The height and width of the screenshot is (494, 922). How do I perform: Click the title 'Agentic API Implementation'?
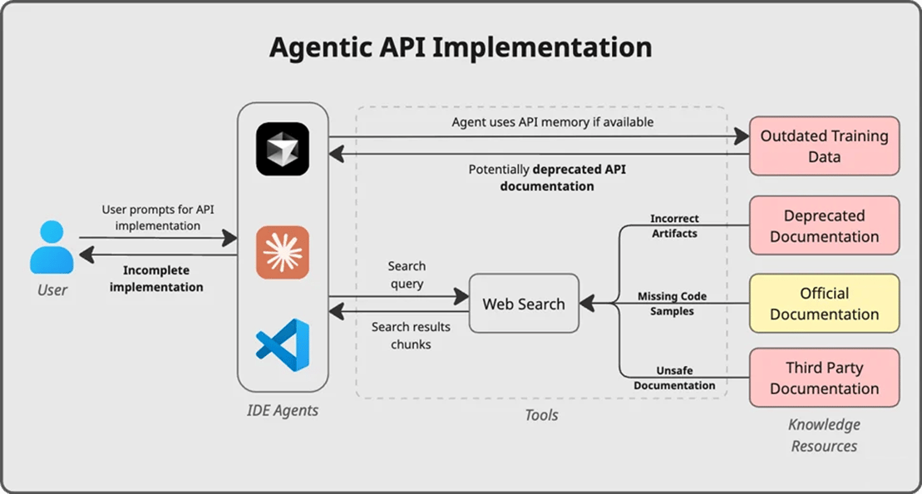click(x=461, y=47)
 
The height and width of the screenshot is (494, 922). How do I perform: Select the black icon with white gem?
click(x=283, y=149)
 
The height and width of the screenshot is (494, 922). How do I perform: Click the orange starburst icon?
click(x=283, y=252)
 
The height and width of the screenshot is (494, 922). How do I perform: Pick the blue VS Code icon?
click(x=283, y=344)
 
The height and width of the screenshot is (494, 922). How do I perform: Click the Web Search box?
click(x=523, y=304)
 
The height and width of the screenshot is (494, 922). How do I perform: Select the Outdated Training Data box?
click(x=824, y=146)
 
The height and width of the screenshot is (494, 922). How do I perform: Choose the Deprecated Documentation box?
click(x=824, y=225)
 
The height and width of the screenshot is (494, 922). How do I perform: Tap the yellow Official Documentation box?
click(x=824, y=304)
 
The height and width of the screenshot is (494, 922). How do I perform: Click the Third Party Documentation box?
click(x=824, y=378)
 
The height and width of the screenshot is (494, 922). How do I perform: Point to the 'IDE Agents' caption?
click(x=283, y=410)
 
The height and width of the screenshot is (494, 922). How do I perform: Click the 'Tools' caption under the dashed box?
click(x=541, y=414)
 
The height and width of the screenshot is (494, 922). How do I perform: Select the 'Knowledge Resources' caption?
click(x=824, y=435)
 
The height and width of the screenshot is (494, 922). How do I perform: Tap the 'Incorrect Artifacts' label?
click(x=673, y=226)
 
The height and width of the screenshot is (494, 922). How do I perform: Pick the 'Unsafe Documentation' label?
click(x=673, y=378)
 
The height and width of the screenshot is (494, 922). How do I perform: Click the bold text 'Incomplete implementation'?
click(x=156, y=279)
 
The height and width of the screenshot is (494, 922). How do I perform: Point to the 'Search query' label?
click(x=407, y=274)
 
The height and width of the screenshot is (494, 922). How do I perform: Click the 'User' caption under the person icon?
click(x=52, y=290)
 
